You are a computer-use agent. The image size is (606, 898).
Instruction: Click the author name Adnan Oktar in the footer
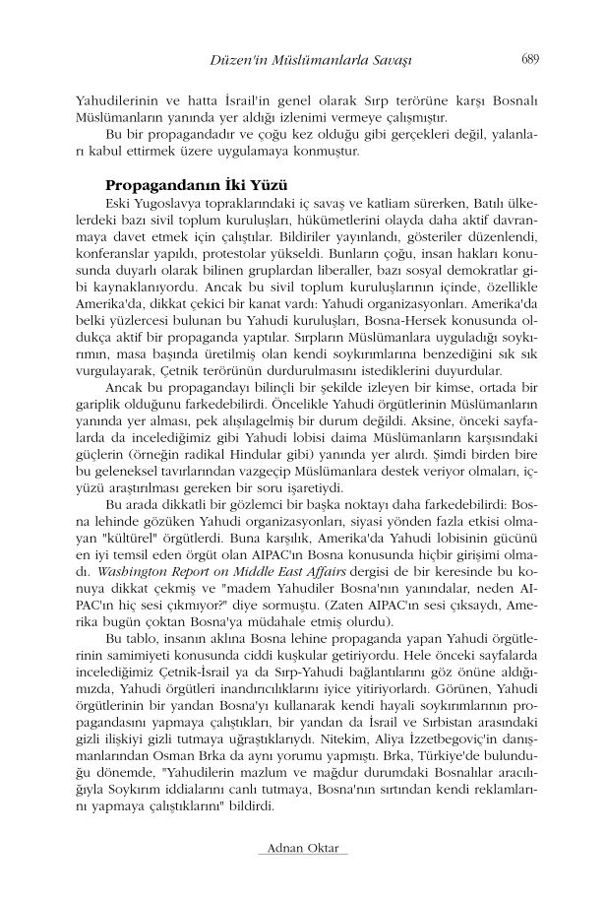tap(302, 849)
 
